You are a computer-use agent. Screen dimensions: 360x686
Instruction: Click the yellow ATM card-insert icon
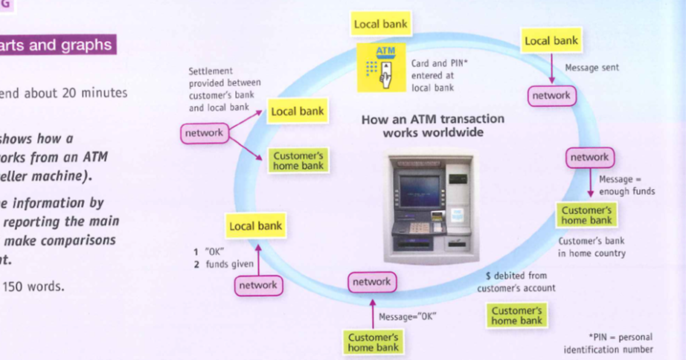pos(381,66)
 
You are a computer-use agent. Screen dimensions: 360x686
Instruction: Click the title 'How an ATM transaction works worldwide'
pos(432,125)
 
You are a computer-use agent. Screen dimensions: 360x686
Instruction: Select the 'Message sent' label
pos(592,68)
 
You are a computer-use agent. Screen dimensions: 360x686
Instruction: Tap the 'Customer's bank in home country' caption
pos(592,247)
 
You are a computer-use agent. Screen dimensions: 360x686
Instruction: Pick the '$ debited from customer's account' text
pos(516,282)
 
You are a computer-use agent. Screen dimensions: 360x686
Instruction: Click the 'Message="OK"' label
pos(407,316)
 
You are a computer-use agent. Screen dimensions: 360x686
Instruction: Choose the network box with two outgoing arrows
pos(204,132)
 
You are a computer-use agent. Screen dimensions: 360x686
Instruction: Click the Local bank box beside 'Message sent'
pos(551,41)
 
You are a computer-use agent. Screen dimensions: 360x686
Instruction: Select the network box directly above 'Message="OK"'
pos(371,282)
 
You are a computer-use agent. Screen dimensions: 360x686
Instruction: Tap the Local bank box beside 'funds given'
pos(255,225)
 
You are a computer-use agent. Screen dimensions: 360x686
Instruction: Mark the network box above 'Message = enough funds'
pos(589,157)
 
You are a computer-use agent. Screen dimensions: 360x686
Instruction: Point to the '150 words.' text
pos(33,286)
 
